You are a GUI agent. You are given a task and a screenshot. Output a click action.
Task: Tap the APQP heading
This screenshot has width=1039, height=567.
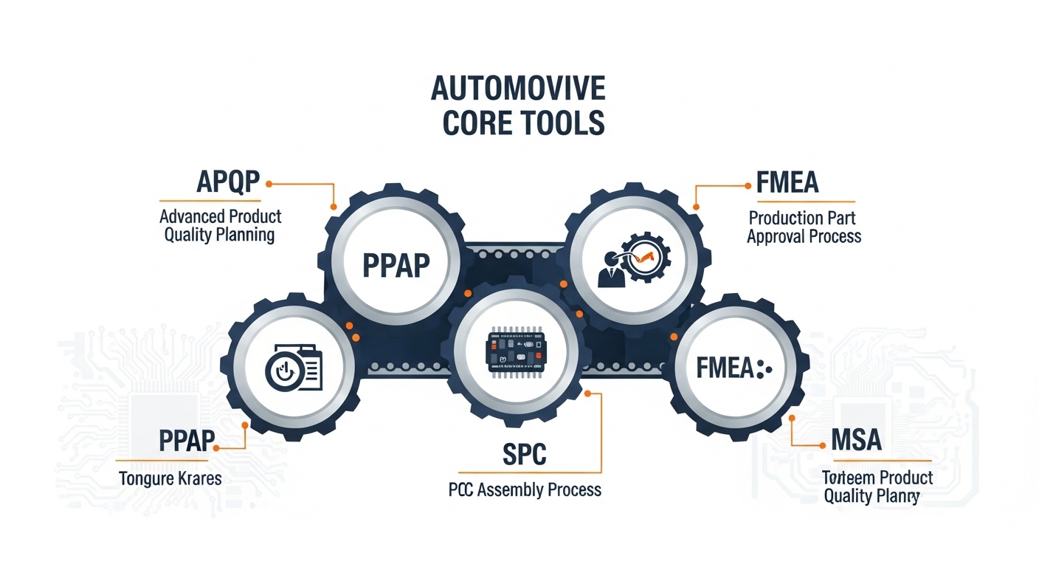tap(229, 182)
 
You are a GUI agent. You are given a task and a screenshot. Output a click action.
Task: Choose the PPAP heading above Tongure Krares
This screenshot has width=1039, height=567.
tap(187, 441)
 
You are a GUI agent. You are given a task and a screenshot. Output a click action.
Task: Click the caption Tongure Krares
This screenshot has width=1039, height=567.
tap(170, 478)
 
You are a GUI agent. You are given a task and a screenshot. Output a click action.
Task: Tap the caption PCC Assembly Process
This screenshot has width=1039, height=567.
tap(525, 489)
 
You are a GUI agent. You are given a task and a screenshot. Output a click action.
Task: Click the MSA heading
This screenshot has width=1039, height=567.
tap(856, 440)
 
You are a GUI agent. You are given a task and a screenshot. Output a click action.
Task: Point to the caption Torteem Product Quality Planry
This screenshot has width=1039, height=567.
tap(877, 487)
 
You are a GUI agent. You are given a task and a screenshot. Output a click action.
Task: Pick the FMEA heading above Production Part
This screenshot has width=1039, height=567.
tap(787, 182)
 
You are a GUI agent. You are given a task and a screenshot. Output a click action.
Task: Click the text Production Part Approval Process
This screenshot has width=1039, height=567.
tap(804, 227)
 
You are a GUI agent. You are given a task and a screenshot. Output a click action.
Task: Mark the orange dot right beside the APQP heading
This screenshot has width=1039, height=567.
tap(269, 183)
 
